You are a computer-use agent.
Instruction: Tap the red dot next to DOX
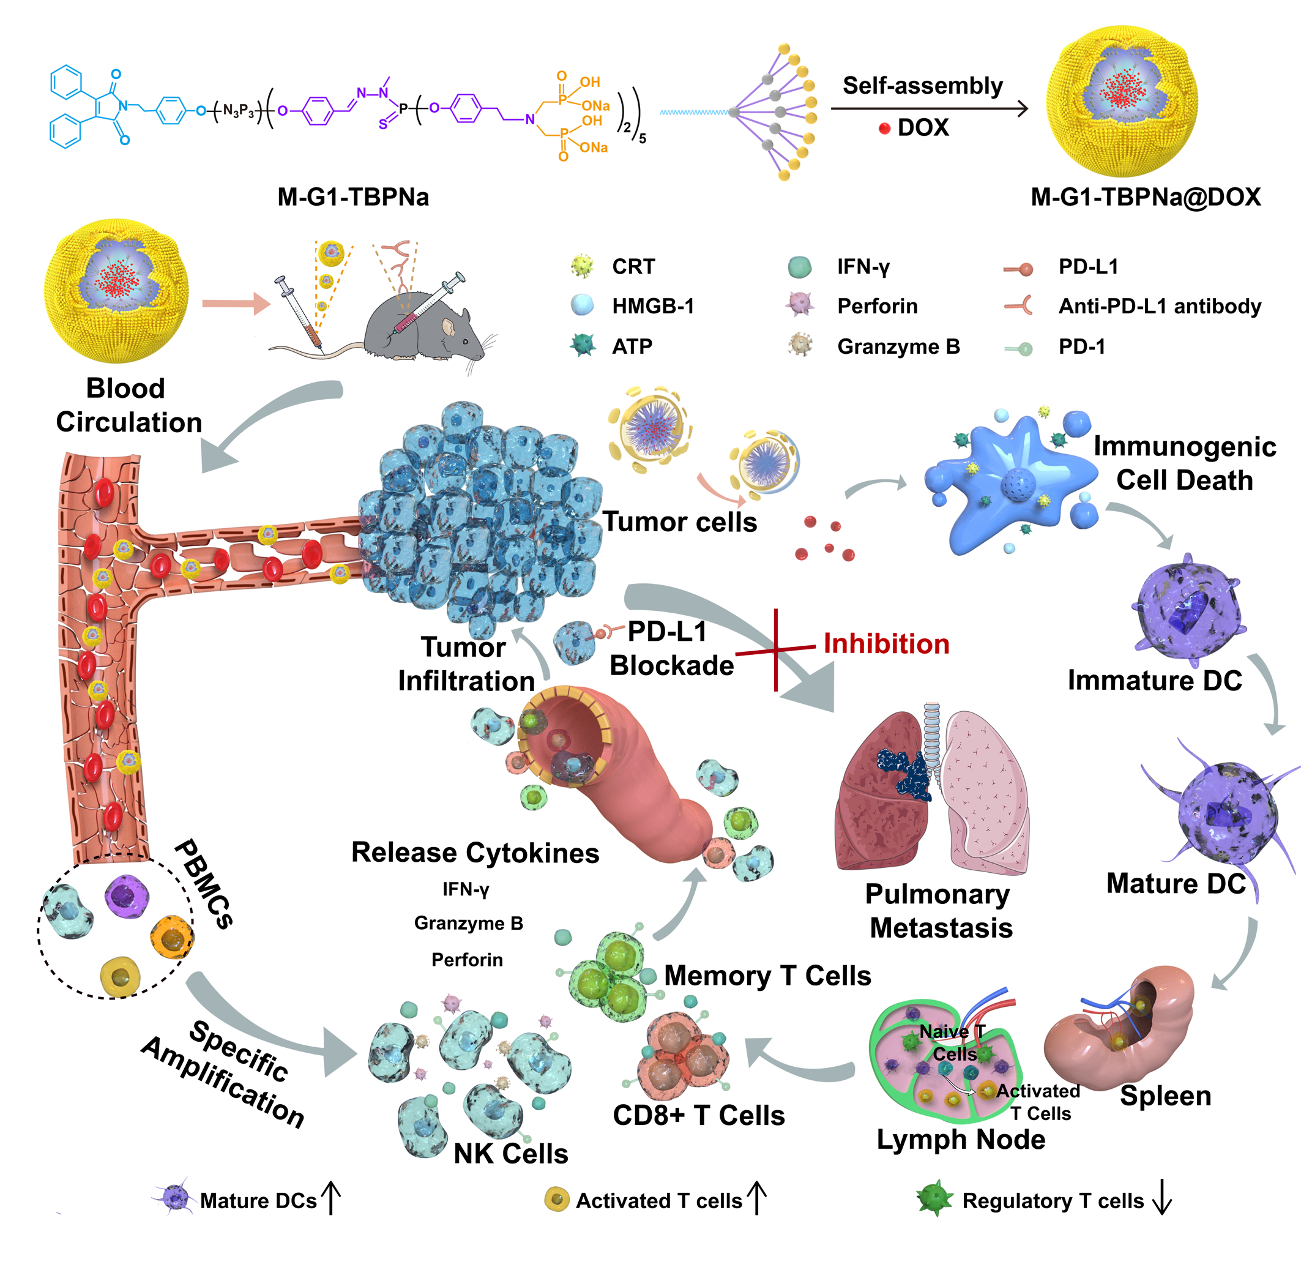[884, 129]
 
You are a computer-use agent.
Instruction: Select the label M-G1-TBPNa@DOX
[1145, 198]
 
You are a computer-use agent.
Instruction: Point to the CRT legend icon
[582, 266]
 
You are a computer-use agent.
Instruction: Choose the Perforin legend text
[877, 306]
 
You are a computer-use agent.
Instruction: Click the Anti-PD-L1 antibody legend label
[1159, 306]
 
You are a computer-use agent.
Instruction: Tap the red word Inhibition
[885, 644]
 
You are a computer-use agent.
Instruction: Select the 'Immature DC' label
[1154, 681]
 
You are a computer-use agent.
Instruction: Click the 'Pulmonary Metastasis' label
[939, 911]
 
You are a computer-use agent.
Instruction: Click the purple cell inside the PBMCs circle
[126, 896]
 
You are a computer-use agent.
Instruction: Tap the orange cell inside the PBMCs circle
[172, 937]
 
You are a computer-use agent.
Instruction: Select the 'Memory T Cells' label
[767, 976]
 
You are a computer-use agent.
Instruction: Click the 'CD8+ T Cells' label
[698, 1115]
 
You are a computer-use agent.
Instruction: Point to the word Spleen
[1165, 1096]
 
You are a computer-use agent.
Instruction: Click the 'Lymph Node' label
[960, 1140]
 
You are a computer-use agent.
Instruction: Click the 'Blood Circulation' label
[127, 405]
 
